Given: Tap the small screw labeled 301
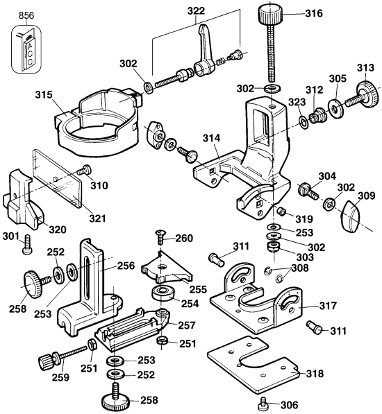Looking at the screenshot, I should (x=28, y=242).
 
